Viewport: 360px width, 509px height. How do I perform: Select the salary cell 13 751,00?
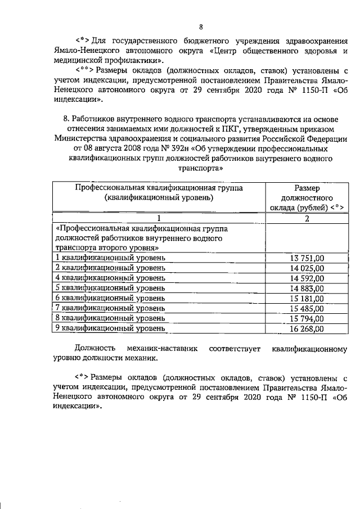pos(306,258)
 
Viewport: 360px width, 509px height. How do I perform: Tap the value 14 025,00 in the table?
pos(306,268)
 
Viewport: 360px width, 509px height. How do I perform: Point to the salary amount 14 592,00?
pos(306,278)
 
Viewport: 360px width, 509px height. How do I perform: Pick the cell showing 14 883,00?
pos(306,288)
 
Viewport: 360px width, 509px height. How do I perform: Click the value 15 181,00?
pos(306,298)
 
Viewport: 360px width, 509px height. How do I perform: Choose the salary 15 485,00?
pos(306,308)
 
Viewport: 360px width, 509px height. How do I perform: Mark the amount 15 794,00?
pos(306,318)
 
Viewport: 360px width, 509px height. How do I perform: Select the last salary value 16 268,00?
pos(306,328)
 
